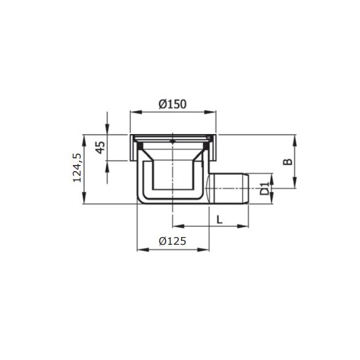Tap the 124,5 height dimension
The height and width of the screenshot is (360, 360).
click(77, 168)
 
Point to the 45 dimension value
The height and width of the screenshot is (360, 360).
click(100, 147)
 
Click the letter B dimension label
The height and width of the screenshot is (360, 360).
click(287, 162)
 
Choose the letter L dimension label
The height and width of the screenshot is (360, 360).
click(220, 219)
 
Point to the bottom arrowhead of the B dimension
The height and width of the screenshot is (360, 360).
click(297, 186)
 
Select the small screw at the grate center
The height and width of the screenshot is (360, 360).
click(173, 141)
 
